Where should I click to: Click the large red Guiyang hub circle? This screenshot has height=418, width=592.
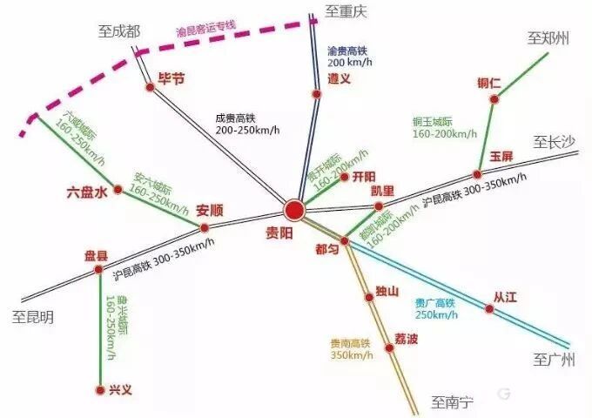[x=294, y=209]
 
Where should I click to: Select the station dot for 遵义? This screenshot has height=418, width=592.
[x=316, y=93]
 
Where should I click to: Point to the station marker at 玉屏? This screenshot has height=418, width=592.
[x=477, y=173]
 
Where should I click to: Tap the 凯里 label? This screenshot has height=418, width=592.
[x=382, y=191]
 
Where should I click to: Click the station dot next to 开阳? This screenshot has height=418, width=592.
[x=344, y=177]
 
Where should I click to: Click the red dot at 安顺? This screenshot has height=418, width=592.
[x=205, y=228]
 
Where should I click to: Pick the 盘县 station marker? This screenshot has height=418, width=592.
[x=98, y=270]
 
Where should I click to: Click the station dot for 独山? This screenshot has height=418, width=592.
[x=370, y=297]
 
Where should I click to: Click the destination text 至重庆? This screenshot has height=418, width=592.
[x=348, y=10]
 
